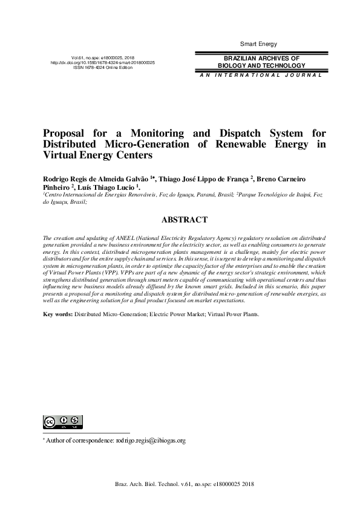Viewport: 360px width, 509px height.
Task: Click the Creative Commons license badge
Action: [62, 422]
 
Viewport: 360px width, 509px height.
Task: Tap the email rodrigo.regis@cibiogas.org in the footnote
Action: [150, 441]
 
